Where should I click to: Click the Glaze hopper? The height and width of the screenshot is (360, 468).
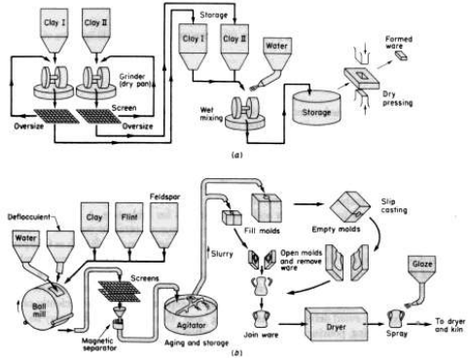[x=422, y=271]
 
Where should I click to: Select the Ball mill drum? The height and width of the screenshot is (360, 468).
[x=46, y=307]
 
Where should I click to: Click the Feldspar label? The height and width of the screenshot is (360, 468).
[x=164, y=197]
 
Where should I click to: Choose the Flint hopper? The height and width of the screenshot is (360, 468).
[x=129, y=226]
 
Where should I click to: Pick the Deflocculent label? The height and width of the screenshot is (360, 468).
[x=29, y=217]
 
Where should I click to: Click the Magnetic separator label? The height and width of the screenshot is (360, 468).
[x=97, y=345]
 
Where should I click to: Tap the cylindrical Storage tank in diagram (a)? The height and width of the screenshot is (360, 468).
[x=316, y=108]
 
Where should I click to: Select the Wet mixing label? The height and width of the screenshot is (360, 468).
[x=211, y=114]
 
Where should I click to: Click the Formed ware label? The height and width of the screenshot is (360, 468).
[x=399, y=43]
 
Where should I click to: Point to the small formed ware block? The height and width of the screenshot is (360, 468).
[x=401, y=56]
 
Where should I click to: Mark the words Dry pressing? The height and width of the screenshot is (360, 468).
[x=397, y=98]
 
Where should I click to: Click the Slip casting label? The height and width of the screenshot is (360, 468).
[x=394, y=206]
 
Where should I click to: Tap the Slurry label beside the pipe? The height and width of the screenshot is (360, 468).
[x=222, y=254]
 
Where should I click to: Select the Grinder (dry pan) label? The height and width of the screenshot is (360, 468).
[x=135, y=81]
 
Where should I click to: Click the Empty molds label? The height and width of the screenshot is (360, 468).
[x=336, y=230]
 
